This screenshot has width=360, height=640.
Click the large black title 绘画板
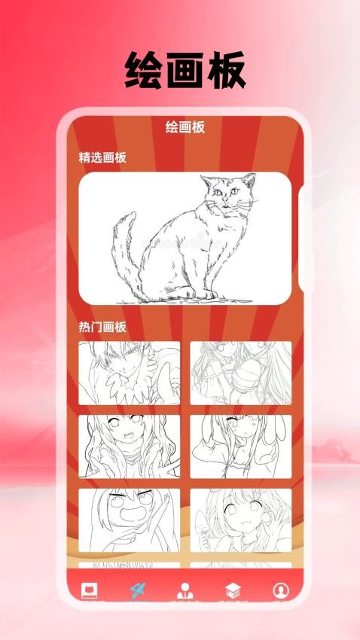pyautogui.click(x=185, y=72)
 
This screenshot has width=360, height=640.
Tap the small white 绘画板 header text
pyautogui.click(x=185, y=127)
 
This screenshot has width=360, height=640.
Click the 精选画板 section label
pyautogui.click(x=102, y=157)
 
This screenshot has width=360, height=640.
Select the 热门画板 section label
pyautogui.click(x=102, y=327)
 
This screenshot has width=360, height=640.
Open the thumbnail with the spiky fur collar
pyautogui.click(x=130, y=373)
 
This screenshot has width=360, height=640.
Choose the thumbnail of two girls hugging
pyautogui.click(x=240, y=373)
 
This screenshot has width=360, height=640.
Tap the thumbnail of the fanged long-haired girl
pyautogui.click(x=130, y=446)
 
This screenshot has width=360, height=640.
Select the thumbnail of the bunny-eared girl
pyautogui.click(x=240, y=446)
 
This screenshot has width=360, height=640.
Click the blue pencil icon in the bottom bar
pyautogui.click(x=138, y=590)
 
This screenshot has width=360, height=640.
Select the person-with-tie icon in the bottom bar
pyautogui.click(x=185, y=590)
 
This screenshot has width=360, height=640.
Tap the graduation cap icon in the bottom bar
pyautogui.click(x=232, y=590)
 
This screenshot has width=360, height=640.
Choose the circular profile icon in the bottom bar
pyautogui.click(x=280, y=590)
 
